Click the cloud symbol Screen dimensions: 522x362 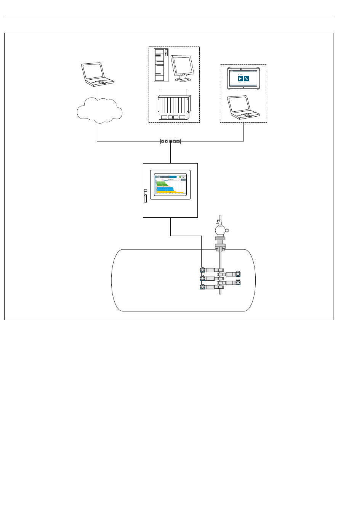tap(99, 111)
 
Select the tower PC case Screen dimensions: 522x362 tap(161, 65)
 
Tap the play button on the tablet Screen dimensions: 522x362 tap(240, 79)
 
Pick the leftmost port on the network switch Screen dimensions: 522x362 tap(163, 141)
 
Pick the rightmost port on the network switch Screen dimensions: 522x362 tap(178, 141)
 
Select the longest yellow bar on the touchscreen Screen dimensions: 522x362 tap(170, 193)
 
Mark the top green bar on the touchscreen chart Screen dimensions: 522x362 tap(161, 182)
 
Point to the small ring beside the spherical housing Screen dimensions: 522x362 tap(227, 230)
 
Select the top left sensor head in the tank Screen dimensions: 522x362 tap(203, 270)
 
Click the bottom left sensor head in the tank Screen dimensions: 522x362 tap(203, 287)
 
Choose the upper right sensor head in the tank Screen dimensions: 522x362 tap(238, 274)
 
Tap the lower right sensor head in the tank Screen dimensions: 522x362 tap(238, 283)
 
